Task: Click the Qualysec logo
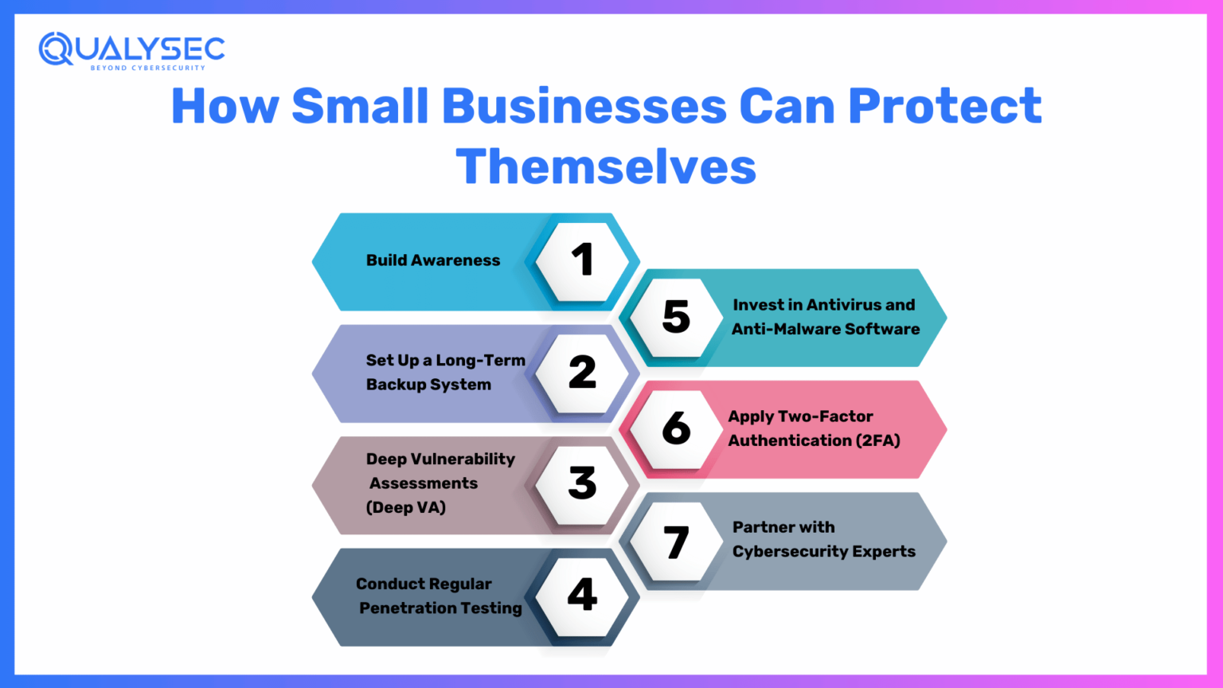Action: tap(131, 49)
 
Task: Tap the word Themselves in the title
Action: tap(606, 166)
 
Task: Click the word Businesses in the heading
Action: tap(584, 106)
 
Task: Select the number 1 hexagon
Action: tap(582, 260)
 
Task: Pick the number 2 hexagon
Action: tap(582, 373)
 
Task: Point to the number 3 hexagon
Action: tap(582, 484)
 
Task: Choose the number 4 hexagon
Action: tap(582, 596)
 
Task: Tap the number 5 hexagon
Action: tap(676, 317)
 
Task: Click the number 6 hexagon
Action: tap(676, 428)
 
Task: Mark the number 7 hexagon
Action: tap(676, 541)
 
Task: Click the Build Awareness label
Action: tap(433, 260)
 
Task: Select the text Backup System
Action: tap(428, 385)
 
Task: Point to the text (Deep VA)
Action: tap(405, 507)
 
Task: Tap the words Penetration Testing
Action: tap(440, 608)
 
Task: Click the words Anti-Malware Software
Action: tap(826, 329)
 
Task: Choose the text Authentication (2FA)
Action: tap(814, 440)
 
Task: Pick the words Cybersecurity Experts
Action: tap(824, 552)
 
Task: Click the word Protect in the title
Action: tap(944, 106)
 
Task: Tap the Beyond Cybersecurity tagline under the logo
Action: tap(147, 68)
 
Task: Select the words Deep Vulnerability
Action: tap(440, 459)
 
